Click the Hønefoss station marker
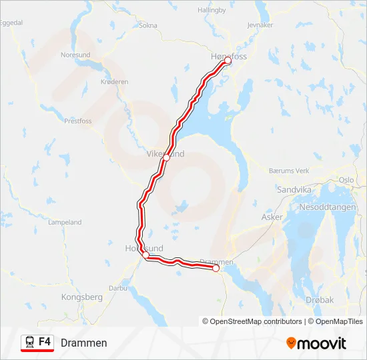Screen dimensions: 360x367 227,61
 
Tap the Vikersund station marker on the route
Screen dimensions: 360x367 167,158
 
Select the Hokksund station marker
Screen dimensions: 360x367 145,255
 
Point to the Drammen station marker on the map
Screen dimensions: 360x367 216,269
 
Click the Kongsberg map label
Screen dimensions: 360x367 81,297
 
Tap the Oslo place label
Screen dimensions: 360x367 346,180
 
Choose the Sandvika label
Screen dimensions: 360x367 294,189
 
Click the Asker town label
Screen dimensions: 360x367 272,217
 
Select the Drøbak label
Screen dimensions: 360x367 318,300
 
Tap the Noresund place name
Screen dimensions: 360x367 75,55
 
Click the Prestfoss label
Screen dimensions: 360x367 78,121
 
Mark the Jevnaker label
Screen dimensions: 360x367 260,25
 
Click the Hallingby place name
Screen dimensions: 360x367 213,10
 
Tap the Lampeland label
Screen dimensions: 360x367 65,223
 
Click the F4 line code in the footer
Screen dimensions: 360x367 45,342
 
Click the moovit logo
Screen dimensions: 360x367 316,343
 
